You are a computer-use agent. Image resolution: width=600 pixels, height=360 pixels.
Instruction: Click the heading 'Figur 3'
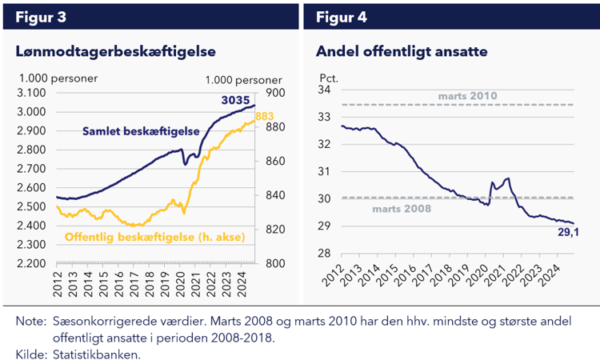click(39, 17)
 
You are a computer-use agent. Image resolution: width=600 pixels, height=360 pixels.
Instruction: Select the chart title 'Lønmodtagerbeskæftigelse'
click(116, 51)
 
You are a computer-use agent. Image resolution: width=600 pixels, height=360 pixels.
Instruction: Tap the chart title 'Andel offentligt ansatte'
click(402, 51)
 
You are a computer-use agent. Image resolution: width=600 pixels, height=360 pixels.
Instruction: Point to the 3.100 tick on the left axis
click(32, 93)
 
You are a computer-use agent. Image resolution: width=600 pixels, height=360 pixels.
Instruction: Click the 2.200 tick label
click(32, 264)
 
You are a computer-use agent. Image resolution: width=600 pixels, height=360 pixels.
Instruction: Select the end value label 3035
click(236, 101)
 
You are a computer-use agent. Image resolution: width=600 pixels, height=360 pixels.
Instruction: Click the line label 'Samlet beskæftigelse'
click(139, 131)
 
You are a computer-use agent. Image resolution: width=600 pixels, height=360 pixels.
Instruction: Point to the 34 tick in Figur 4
click(326, 90)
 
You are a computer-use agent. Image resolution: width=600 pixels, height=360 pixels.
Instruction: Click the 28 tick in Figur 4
click(326, 253)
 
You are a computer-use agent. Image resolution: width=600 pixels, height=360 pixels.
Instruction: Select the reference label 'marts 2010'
click(468, 96)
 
